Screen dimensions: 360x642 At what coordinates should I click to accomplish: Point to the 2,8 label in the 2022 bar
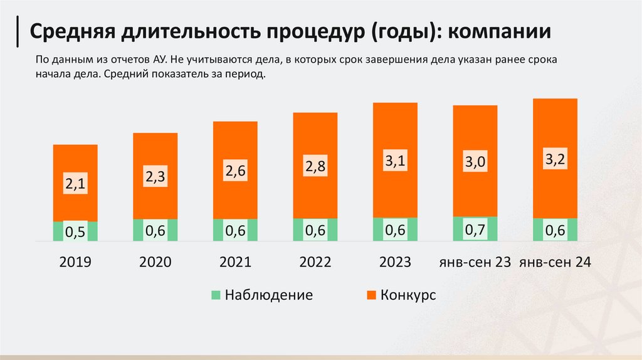(x=315, y=167)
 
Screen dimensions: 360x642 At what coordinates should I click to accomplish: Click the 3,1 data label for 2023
(x=396, y=162)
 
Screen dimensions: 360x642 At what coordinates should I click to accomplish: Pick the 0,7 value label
(x=475, y=230)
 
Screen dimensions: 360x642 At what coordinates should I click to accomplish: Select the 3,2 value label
(x=555, y=159)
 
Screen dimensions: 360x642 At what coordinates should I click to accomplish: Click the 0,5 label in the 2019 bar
(x=75, y=232)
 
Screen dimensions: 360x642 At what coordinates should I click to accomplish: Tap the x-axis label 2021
(x=235, y=262)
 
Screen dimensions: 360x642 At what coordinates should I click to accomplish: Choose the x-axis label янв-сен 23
(x=475, y=262)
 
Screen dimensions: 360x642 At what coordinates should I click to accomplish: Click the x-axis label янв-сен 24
(x=555, y=262)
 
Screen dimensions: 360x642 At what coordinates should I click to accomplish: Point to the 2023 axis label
(x=396, y=262)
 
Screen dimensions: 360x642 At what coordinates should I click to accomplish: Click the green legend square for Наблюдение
(x=216, y=295)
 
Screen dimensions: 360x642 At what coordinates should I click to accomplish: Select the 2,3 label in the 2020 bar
(x=155, y=177)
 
